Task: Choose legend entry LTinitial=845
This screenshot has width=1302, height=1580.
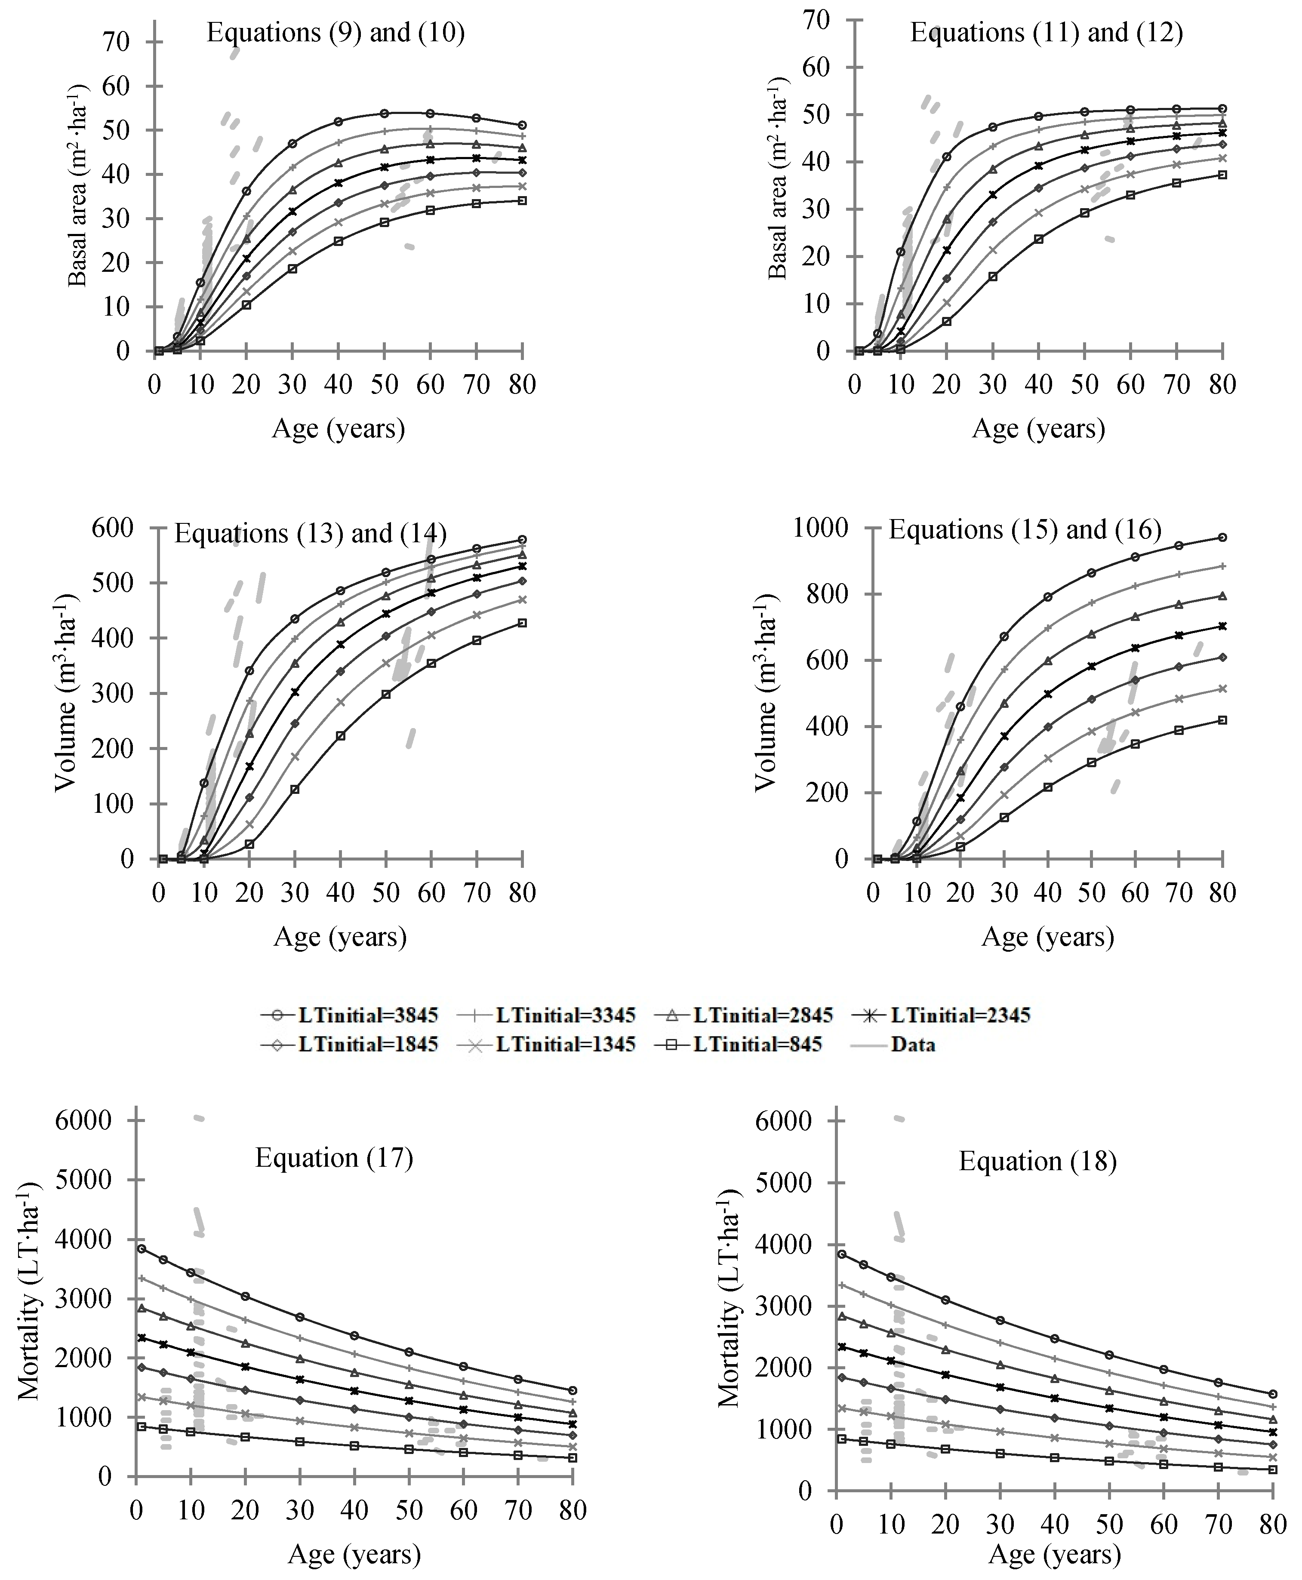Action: coord(757,1044)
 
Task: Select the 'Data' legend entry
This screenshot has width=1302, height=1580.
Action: coord(913,1044)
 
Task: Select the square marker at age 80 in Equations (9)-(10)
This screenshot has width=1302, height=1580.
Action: coord(522,200)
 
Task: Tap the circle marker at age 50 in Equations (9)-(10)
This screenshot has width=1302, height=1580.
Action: coord(384,113)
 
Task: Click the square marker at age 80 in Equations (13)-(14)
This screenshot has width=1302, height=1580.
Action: coord(522,622)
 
